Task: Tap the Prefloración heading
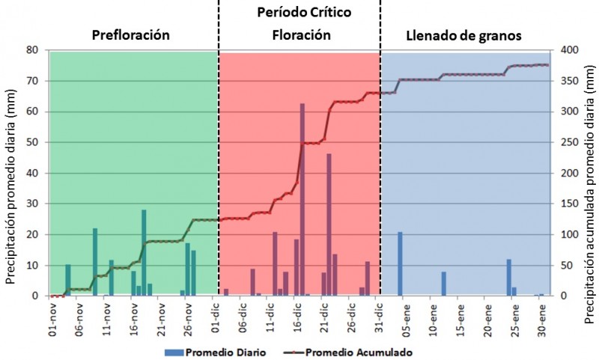(x=130, y=35)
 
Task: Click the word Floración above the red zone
(x=301, y=35)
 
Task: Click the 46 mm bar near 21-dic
(x=329, y=225)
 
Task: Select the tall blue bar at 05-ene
(x=400, y=263)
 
